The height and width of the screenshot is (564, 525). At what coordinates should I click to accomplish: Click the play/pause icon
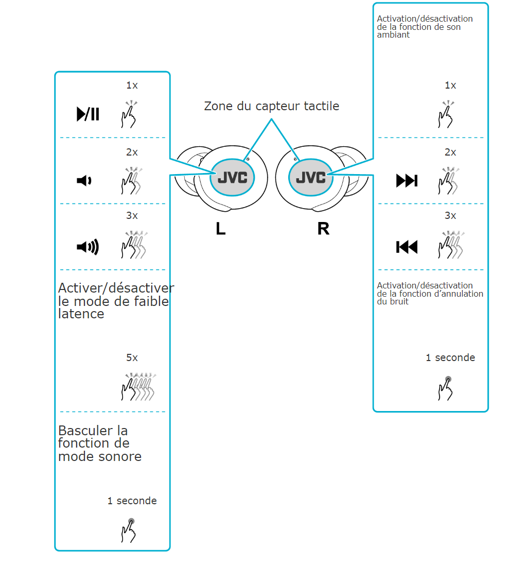[x=87, y=114]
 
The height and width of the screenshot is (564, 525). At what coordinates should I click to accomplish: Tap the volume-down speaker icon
[x=84, y=180]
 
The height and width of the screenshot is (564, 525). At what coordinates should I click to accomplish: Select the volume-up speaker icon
[x=87, y=247]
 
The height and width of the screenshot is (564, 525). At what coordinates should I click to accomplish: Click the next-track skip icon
[x=407, y=181]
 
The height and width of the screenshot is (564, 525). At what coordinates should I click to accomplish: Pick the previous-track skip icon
[x=407, y=247]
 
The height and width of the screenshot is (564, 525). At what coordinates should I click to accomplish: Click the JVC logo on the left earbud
[x=232, y=177]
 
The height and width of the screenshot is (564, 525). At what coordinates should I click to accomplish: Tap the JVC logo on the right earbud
[x=310, y=177]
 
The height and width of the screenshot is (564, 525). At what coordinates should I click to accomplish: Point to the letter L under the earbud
[x=220, y=229]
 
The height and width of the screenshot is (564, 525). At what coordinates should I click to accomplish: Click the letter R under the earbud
[x=323, y=229]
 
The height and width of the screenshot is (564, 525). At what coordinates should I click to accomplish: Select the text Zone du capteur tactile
[x=271, y=107]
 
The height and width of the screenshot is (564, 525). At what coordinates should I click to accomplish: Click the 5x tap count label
[x=132, y=358]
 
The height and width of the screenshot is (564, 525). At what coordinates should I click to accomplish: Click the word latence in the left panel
[x=81, y=314]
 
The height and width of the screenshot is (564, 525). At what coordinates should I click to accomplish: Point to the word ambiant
[x=393, y=35]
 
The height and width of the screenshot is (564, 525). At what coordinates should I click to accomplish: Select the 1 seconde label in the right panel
[x=450, y=358]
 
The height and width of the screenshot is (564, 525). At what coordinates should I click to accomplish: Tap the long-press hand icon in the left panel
[x=129, y=531]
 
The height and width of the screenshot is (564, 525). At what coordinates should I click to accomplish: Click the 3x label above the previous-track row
[x=450, y=216]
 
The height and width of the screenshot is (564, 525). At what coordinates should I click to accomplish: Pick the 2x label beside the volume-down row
[x=132, y=152]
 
